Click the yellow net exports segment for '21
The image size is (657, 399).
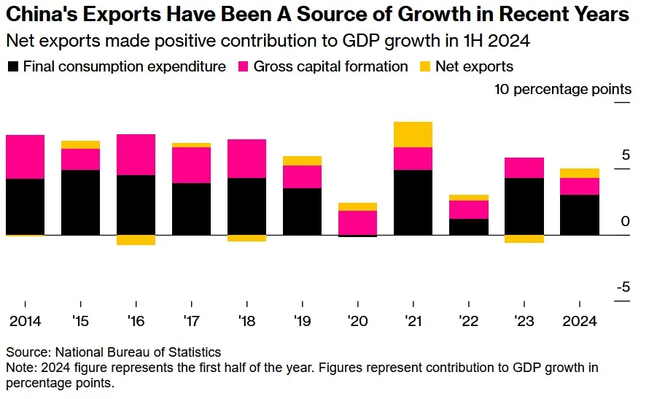coord(413,134)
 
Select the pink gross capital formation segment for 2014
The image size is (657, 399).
coord(25,157)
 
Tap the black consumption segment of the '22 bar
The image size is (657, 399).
coord(469,227)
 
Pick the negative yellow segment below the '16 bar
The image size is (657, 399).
coord(136,240)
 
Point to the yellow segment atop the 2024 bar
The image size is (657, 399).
coord(580,173)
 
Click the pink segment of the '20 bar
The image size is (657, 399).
coord(358,222)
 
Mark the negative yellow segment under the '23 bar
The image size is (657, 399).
coord(524,239)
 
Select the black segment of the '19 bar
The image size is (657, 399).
coord(303,212)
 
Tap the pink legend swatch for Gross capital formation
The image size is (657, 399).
coord(244,66)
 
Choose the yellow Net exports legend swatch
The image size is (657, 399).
coord(424,66)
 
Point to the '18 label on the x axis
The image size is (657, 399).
coord(247,322)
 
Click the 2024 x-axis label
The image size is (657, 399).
coord(579,322)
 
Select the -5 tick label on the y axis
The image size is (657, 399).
coord(623,287)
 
